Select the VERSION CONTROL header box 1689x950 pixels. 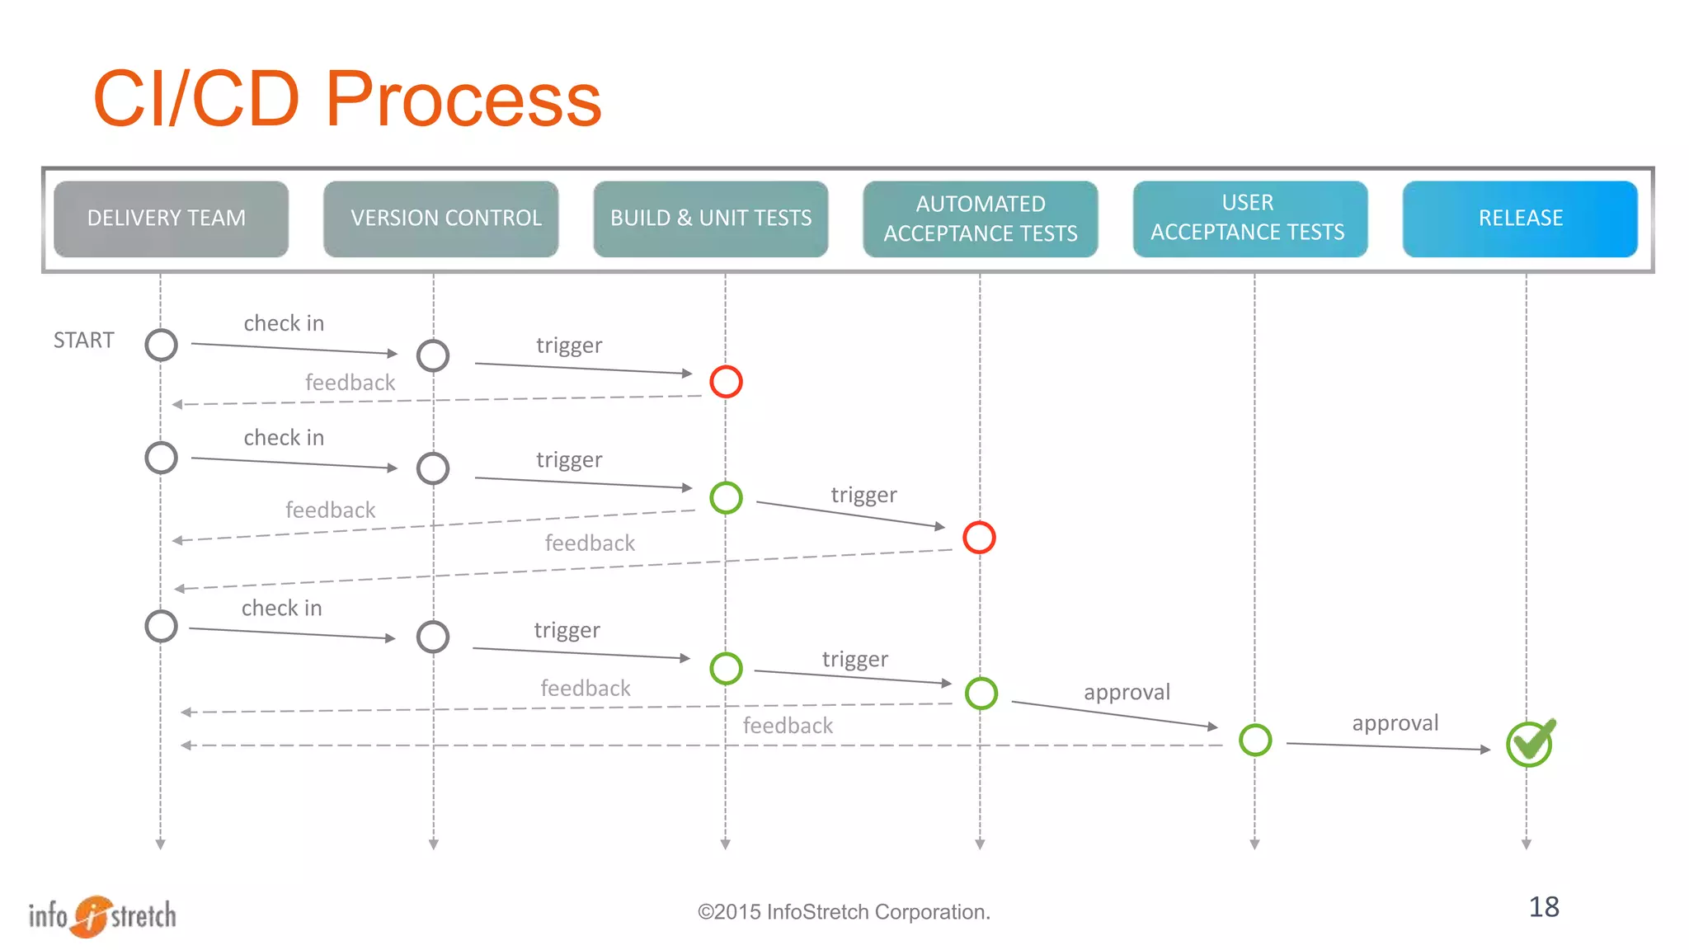click(x=440, y=219)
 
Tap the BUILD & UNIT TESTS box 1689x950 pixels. click(x=710, y=219)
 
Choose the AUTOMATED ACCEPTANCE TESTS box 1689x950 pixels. click(x=980, y=219)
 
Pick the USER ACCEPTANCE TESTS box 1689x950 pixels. click(x=1249, y=219)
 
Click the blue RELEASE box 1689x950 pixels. click(x=1519, y=219)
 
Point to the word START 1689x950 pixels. click(x=83, y=341)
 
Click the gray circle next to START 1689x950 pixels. click(x=161, y=345)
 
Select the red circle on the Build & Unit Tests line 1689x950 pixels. click(x=726, y=382)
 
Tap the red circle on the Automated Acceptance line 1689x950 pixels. click(x=979, y=538)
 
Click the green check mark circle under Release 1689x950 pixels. click(x=1529, y=744)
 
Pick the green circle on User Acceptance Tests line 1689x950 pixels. click(x=1255, y=740)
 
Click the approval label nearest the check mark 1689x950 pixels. click(x=1395, y=723)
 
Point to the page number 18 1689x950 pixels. click(x=1544, y=907)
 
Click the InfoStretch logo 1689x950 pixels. click(x=102, y=915)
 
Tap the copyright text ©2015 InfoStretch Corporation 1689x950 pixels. click(x=844, y=912)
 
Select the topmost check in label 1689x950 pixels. click(x=284, y=323)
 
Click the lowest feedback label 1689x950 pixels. click(x=788, y=726)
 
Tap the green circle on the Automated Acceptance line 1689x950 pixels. click(x=981, y=694)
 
